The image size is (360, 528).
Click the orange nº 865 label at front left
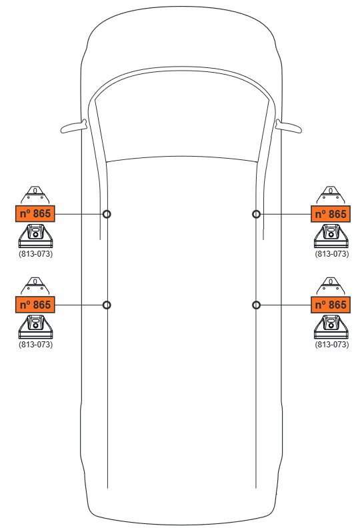(x=35, y=213)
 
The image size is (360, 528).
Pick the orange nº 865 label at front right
(x=331, y=214)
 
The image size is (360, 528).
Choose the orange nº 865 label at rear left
(x=35, y=305)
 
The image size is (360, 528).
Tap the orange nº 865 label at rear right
(x=331, y=305)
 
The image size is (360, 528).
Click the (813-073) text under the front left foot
(x=36, y=253)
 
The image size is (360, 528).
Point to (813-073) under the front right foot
(x=332, y=253)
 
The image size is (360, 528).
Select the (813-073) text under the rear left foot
(x=36, y=345)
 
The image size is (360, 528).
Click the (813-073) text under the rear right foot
(x=332, y=345)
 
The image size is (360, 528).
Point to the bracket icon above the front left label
(x=35, y=195)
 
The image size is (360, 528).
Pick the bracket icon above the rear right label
(x=331, y=286)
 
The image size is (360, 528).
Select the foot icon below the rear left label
(x=35, y=327)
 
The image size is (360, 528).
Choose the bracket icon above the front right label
(x=331, y=195)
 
